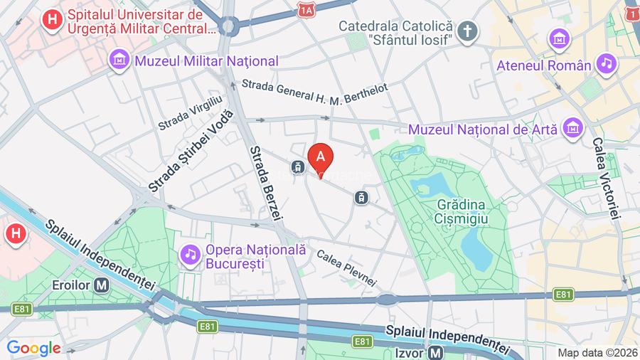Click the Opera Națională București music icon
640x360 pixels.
coord(190,253)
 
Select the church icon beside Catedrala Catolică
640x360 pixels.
coord(466,30)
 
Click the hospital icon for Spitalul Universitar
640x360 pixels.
coord(51,19)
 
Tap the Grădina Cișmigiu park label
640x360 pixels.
coord(462,211)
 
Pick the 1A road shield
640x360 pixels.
coord(306,10)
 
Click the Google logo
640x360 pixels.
coord(33,349)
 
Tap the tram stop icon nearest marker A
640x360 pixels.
coord(297,167)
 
